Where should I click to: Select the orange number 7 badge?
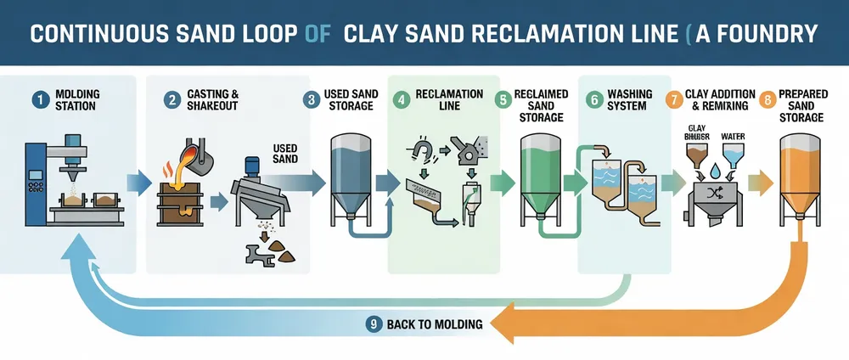tap(675, 99)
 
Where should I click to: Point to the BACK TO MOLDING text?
tap(435, 323)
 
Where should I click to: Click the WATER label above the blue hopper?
tap(733, 136)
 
